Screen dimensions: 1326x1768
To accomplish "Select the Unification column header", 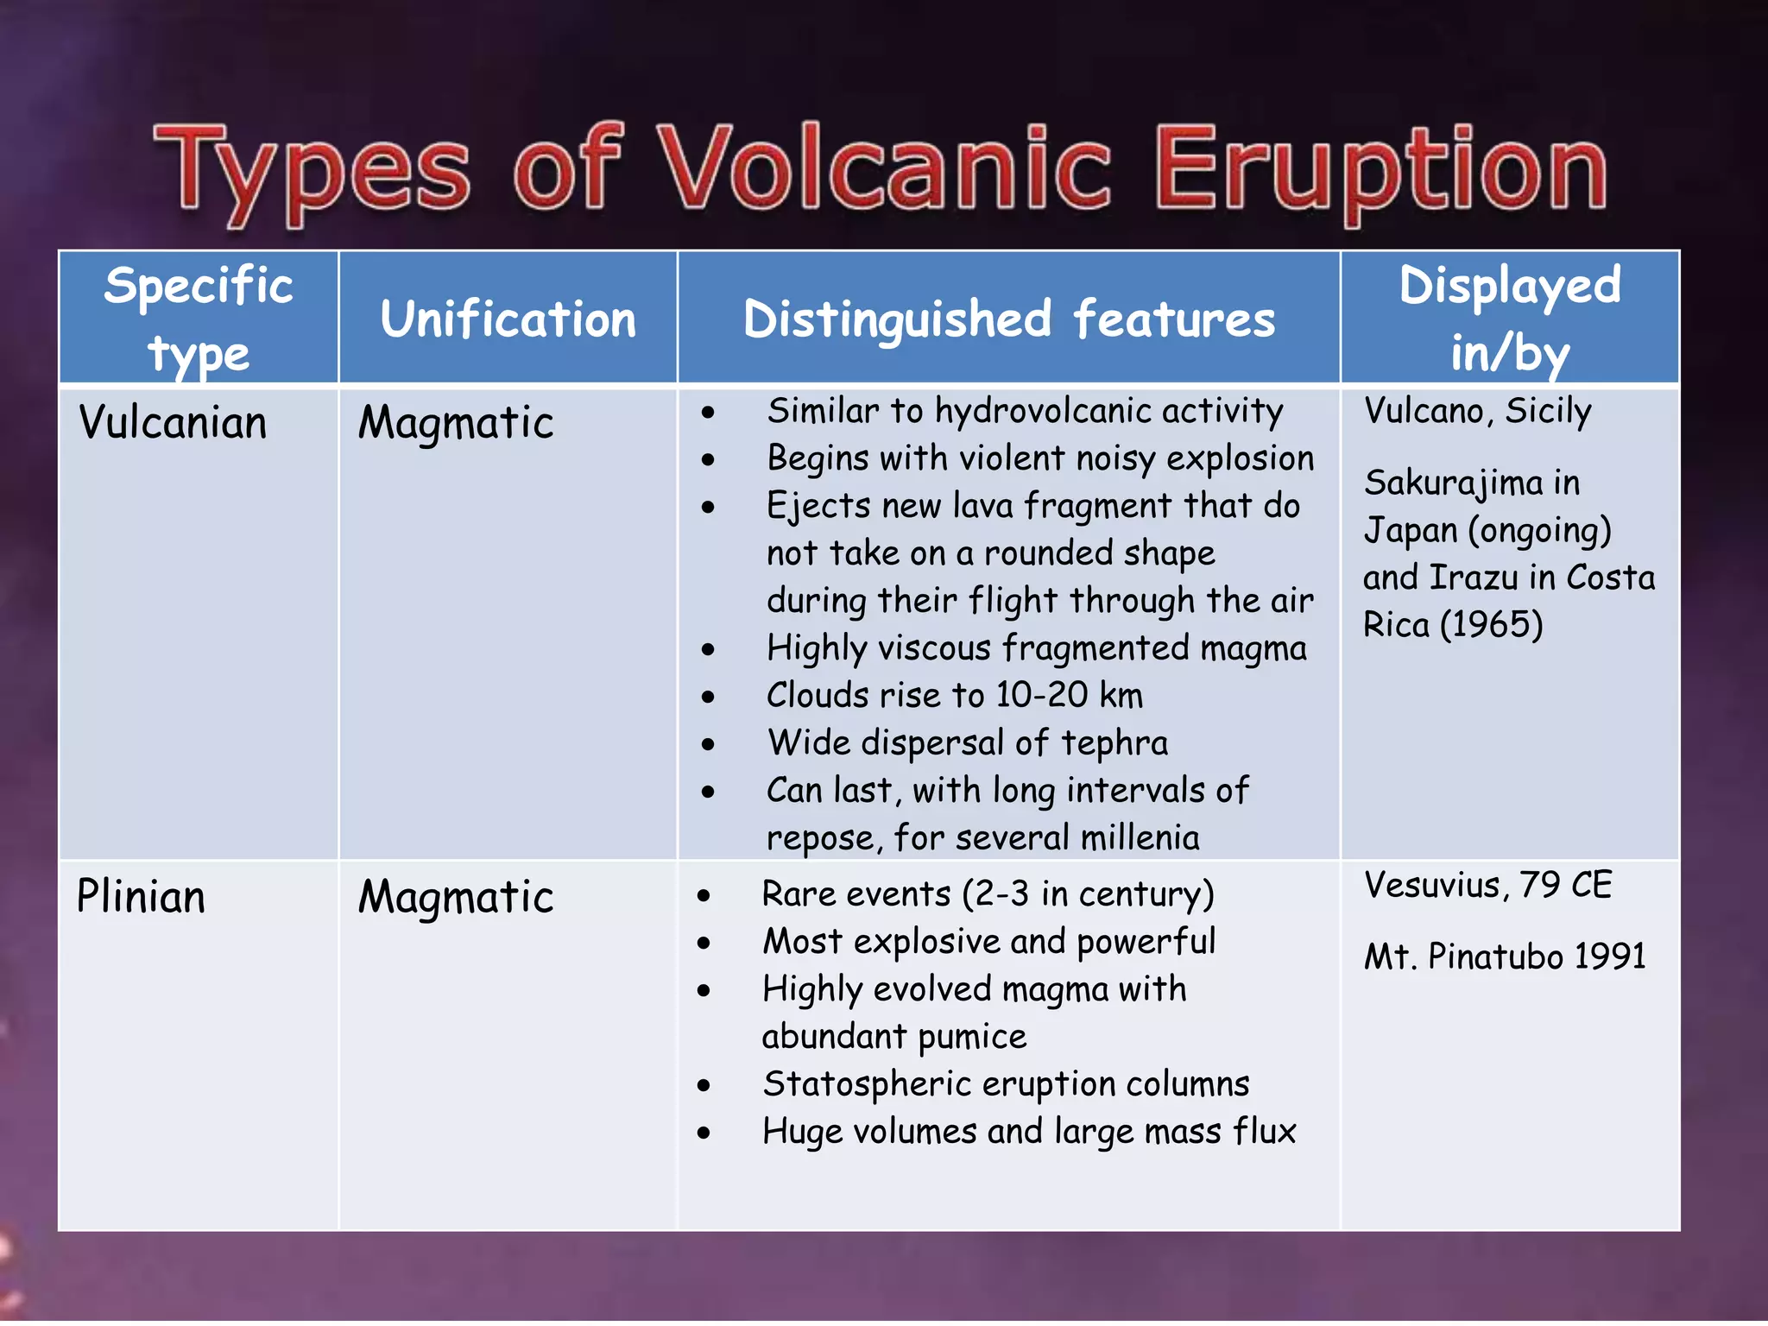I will coord(508,319).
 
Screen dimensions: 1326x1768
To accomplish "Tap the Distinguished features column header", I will coord(1008,319).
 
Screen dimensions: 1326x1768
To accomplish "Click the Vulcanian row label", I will coord(173,423).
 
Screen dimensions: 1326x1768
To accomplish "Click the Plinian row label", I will coord(141,896).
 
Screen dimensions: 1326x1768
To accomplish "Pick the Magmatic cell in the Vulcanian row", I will coord(456,423).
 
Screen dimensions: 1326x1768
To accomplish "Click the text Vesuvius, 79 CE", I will coord(1487,885).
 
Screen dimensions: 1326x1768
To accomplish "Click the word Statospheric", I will coord(867,1084).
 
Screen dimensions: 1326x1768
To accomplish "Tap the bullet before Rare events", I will coord(704,896).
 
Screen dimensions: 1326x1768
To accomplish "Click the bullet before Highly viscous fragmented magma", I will coord(708,649).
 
